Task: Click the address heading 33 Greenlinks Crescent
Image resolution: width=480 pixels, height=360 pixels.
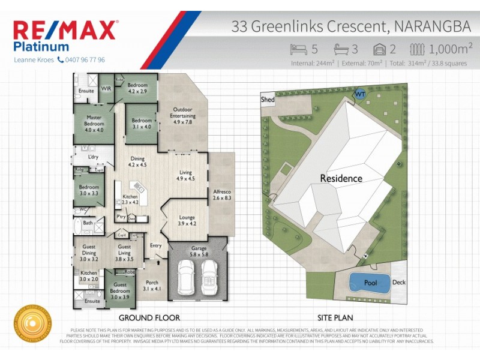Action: click(311, 27)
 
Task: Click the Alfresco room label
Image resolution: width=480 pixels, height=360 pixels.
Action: click(222, 194)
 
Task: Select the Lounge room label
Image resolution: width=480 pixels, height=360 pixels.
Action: click(188, 221)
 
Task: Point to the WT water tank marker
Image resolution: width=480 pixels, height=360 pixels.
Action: click(360, 94)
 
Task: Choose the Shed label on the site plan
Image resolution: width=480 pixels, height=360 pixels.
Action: click(268, 100)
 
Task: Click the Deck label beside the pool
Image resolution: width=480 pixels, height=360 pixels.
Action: click(399, 283)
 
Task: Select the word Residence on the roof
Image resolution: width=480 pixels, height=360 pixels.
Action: click(341, 178)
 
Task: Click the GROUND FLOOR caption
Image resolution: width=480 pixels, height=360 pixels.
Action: click(149, 317)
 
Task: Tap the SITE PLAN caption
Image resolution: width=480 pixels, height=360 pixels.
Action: click(335, 317)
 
